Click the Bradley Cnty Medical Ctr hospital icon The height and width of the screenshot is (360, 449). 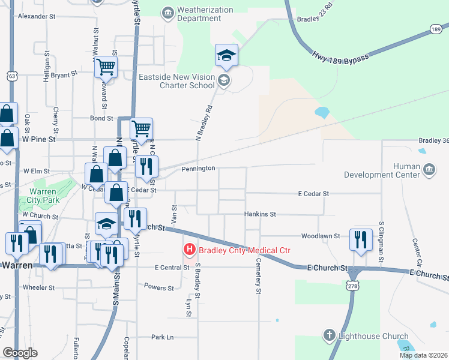(x=190, y=248)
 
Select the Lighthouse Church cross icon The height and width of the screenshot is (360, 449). (x=329, y=335)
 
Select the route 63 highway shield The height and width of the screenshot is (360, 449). (x=11, y=76)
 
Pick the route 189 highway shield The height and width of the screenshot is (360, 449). (x=436, y=28)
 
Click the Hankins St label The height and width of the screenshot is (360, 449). (x=260, y=214)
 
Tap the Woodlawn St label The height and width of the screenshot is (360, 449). (x=321, y=236)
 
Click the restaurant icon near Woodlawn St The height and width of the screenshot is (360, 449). (x=360, y=239)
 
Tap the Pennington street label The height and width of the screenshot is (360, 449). (x=198, y=169)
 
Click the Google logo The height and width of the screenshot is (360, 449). (x=20, y=353)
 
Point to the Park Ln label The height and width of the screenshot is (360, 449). (x=162, y=337)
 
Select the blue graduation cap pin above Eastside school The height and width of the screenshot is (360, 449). (x=227, y=56)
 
